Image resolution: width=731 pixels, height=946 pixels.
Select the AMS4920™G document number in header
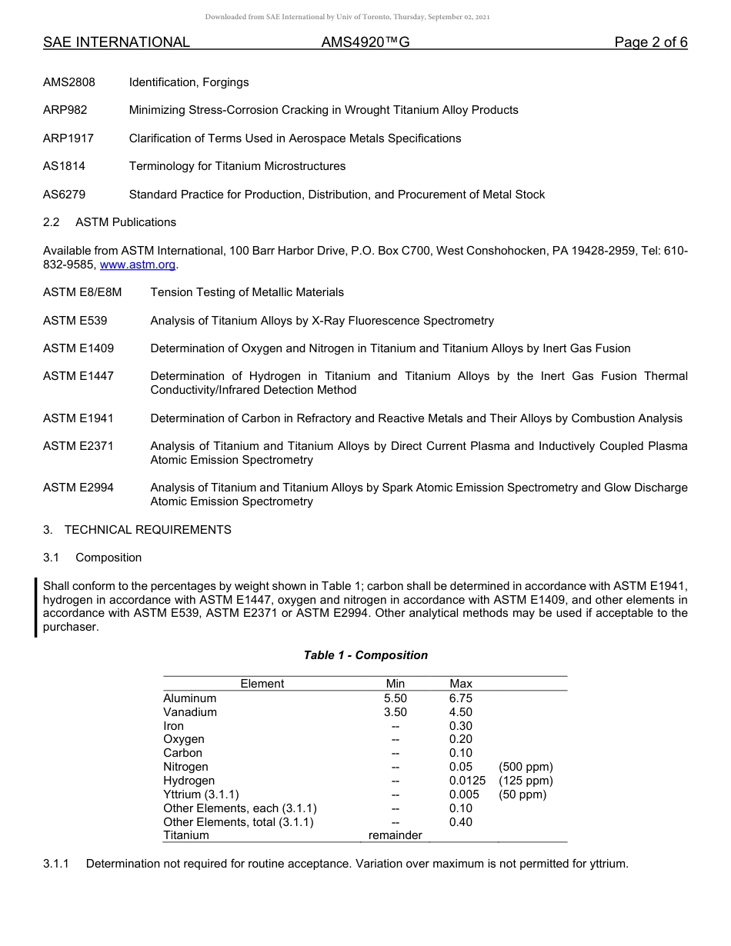coord(365,42)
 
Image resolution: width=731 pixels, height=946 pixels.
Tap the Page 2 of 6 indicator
coord(650,42)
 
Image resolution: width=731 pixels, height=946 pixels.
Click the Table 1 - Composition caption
coord(365,655)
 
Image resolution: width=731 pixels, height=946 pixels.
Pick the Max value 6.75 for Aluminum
coord(461,698)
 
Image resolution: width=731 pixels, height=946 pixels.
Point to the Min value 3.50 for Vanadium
coord(396,712)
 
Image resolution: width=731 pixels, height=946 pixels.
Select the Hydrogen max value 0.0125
coord(467,781)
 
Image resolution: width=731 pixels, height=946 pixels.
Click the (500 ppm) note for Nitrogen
coord(526,767)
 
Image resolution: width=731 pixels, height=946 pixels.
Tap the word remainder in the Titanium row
coord(396,835)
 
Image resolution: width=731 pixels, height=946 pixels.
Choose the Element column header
coord(262,684)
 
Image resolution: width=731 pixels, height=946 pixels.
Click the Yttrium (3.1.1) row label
coord(201,794)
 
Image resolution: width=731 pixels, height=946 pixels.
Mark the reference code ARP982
coord(65,110)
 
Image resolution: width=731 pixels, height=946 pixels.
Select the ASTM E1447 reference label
coord(78,376)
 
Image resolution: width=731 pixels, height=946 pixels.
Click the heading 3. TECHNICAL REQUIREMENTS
coord(137,530)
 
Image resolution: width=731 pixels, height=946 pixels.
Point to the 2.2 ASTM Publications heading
coord(109,222)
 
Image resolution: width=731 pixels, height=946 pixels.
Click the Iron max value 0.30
coord(461,726)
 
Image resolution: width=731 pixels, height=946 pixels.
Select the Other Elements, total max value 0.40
coord(461,822)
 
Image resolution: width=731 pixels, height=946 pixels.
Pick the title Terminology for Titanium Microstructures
coord(237,166)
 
